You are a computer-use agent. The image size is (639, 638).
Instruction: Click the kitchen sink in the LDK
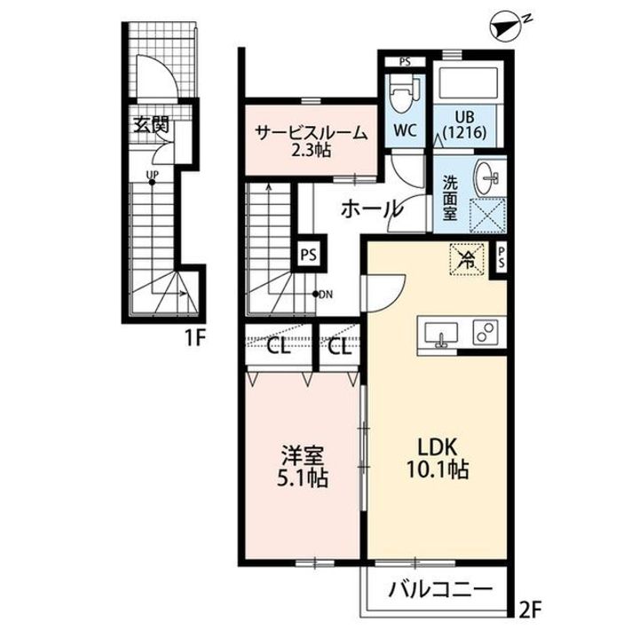pyautogui.click(x=440, y=334)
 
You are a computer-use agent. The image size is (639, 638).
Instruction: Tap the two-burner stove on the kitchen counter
pyautogui.click(x=485, y=330)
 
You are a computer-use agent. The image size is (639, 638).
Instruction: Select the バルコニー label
pyautogui.click(x=440, y=589)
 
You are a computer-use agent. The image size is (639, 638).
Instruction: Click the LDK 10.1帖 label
pyautogui.click(x=437, y=459)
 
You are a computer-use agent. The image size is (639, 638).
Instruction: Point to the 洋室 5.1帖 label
pyautogui.click(x=303, y=467)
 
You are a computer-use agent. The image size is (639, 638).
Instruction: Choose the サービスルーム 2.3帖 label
pyautogui.click(x=311, y=141)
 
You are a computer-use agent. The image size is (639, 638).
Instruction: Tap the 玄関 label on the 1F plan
pyautogui.click(x=151, y=124)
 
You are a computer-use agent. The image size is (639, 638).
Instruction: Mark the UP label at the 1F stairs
pyautogui.click(x=153, y=175)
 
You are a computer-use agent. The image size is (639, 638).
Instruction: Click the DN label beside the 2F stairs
pyautogui.click(x=326, y=295)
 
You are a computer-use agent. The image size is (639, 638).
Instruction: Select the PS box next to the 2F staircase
pyautogui.click(x=309, y=255)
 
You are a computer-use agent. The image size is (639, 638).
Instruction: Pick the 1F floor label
pyautogui.click(x=194, y=338)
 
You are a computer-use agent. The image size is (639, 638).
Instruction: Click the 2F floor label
pyautogui.click(x=531, y=610)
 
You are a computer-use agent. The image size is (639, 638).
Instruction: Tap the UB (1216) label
pyautogui.click(x=464, y=124)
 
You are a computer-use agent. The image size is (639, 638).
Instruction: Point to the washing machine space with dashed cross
pyautogui.click(x=488, y=216)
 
